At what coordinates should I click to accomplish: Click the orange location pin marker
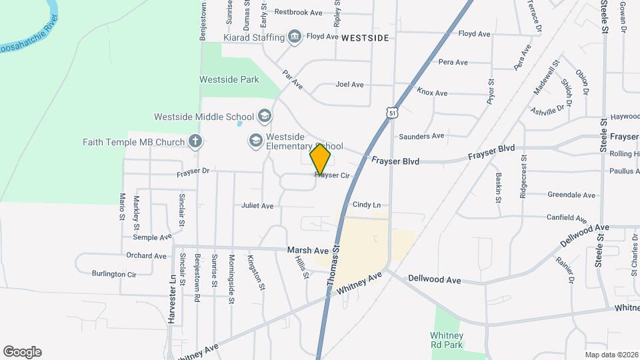(321, 159)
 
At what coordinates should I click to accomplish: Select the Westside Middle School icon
(264, 117)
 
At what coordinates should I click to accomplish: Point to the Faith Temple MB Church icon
(195, 141)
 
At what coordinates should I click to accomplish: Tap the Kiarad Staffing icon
(295, 37)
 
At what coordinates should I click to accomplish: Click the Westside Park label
(229, 79)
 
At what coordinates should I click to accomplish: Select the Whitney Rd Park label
(446, 340)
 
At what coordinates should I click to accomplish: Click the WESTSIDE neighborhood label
(364, 38)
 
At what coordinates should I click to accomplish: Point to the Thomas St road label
(334, 265)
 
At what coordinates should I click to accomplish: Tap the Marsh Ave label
(308, 250)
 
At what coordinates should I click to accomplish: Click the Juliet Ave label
(258, 206)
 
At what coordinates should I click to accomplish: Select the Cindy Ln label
(367, 205)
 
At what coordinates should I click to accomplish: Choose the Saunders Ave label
(421, 136)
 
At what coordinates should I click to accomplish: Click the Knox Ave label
(432, 93)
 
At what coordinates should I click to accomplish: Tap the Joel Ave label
(349, 85)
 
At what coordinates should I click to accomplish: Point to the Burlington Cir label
(114, 273)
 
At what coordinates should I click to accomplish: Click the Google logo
(22, 352)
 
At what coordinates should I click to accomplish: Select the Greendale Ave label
(571, 195)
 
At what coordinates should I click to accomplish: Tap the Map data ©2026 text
(611, 355)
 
